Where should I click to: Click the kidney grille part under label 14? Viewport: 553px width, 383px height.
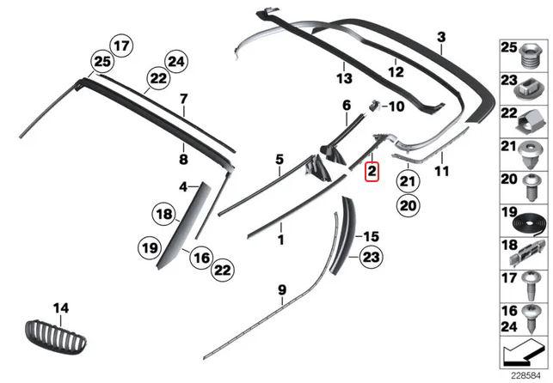56,337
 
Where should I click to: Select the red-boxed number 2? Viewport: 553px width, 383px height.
372,172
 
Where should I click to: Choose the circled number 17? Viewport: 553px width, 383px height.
121,46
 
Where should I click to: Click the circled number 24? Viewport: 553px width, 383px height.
176,62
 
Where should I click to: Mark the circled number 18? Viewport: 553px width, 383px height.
164,214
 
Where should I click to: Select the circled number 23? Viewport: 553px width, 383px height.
371,257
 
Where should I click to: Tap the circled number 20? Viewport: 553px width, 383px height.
408,205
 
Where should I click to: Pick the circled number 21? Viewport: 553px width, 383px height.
408,182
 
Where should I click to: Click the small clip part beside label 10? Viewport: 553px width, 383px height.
374,105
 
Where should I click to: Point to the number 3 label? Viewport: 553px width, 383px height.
441,37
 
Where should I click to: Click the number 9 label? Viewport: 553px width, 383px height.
282,290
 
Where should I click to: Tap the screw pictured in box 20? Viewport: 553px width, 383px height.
531,187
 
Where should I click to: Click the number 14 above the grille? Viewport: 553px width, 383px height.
61,308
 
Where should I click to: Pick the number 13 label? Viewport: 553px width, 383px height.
344,78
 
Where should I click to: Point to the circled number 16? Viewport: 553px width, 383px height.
201,258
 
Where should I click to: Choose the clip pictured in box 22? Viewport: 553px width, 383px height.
528,122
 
